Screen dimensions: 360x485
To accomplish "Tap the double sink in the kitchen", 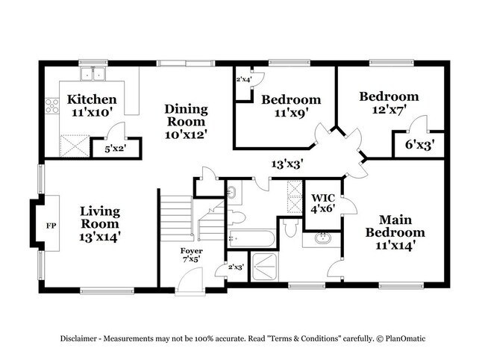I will click(x=93, y=74).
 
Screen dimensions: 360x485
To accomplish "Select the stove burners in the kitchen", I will click(x=52, y=106).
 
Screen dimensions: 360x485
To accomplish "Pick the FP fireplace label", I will click(x=51, y=225).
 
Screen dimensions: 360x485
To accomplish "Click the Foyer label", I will click(x=191, y=255).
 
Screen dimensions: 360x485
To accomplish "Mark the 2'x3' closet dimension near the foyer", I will click(x=235, y=267).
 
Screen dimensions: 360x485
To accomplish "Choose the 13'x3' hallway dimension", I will click(x=287, y=162).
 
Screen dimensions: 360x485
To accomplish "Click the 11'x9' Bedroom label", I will click(x=290, y=106).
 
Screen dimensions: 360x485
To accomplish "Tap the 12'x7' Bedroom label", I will click(x=389, y=102).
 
